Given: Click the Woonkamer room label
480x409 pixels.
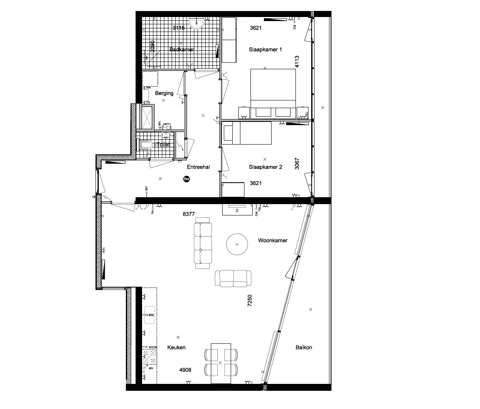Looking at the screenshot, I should coord(273,241).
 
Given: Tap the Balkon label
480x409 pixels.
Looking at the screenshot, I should coord(304,347).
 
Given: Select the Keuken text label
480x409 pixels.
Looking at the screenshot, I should coord(176,347).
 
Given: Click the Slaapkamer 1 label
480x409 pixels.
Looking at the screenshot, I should coord(265,49).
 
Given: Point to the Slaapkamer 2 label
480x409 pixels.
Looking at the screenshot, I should coord(265,167).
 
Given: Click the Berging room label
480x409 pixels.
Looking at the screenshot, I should coord(164,93).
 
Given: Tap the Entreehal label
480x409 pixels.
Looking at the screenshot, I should coord(198,167).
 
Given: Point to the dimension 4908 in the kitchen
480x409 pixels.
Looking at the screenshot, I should coord(185,370).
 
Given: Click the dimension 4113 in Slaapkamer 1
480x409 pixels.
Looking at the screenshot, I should coord(297,61).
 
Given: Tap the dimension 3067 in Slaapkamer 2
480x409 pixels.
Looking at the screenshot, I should coord(297,163).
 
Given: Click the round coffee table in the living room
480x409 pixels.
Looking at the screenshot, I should coord(237,244).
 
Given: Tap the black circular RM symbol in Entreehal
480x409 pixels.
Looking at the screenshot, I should coord(187,179).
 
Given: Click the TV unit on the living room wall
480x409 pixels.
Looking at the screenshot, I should coord(238,210).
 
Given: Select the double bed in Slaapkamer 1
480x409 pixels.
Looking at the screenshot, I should coord(273,93).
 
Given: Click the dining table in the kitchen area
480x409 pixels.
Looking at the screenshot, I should coord(221,363).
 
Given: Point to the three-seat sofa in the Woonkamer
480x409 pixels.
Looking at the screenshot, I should coord(203,243).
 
